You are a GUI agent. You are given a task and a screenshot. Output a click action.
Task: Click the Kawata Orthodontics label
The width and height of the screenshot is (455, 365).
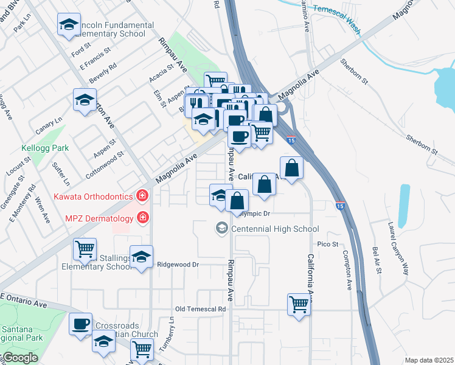(93, 196)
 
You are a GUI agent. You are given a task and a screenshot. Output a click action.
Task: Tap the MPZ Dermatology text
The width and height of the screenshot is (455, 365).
(98, 217)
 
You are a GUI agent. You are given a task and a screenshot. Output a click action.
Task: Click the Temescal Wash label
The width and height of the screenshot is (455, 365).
(336, 16)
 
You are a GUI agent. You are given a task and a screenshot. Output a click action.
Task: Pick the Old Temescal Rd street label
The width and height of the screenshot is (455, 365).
(200, 309)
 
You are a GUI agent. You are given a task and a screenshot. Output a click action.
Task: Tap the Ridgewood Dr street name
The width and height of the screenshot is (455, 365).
(178, 265)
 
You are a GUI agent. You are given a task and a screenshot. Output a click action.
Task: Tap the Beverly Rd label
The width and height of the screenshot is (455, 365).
(103, 73)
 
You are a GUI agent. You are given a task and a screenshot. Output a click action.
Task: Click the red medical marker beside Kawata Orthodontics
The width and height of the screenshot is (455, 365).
(142, 195)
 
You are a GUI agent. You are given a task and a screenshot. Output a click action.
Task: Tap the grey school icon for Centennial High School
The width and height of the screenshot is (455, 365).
(221, 229)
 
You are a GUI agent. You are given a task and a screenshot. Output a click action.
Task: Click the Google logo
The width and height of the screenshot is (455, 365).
(19, 358)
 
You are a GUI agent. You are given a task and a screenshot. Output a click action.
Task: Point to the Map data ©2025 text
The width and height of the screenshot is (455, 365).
(429, 360)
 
